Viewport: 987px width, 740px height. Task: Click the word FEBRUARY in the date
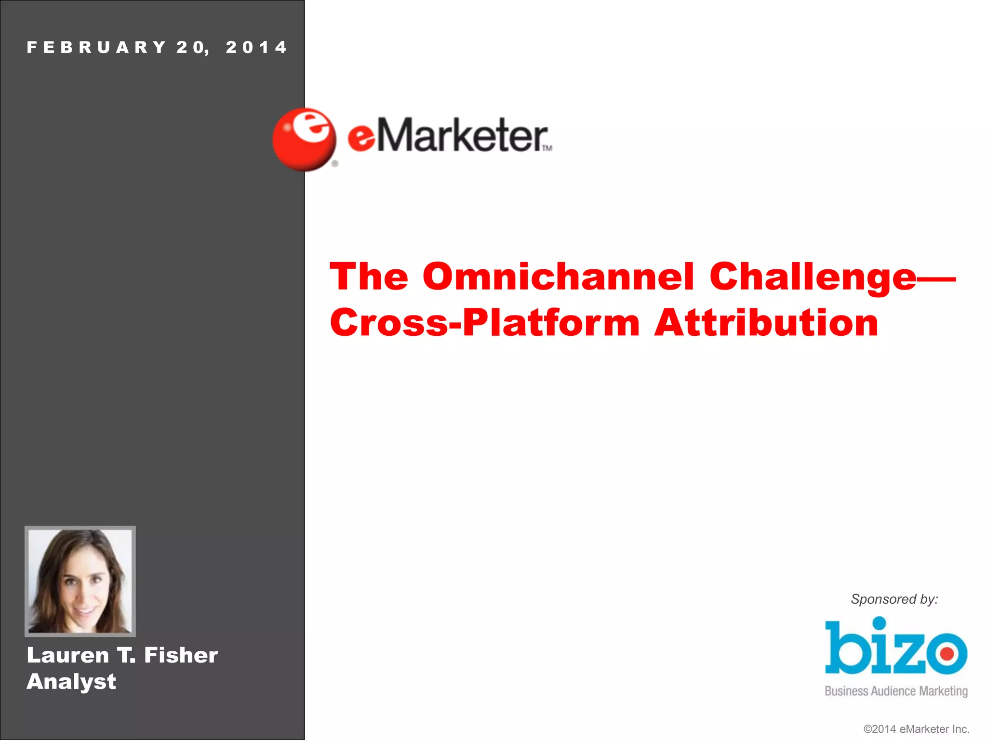pyautogui.click(x=96, y=47)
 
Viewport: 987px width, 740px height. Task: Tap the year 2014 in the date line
pyautogui.click(x=256, y=47)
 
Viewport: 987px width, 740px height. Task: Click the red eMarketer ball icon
pyautogui.click(x=304, y=140)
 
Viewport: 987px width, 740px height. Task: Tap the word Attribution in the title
pyautogui.click(x=766, y=323)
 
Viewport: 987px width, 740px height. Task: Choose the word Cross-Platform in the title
pyautogui.click(x=485, y=323)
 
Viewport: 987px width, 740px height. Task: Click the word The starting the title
pyautogui.click(x=369, y=277)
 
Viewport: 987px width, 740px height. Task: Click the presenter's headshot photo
pyautogui.click(x=80, y=581)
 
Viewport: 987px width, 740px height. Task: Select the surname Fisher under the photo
pyautogui.click(x=181, y=655)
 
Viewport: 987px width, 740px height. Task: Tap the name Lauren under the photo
pyautogui.click(x=68, y=655)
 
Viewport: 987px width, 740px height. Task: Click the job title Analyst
pyautogui.click(x=71, y=682)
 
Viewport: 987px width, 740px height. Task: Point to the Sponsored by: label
pyautogui.click(x=894, y=599)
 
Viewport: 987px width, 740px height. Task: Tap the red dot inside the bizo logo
pyautogui.click(x=947, y=654)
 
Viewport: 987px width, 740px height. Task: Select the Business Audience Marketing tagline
pyautogui.click(x=896, y=691)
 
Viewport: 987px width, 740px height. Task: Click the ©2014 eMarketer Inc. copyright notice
pyautogui.click(x=916, y=729)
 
